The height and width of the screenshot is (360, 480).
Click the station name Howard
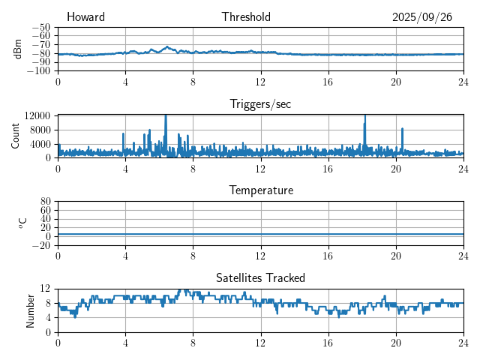[85, 17]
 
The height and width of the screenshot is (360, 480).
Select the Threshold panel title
[246, 17]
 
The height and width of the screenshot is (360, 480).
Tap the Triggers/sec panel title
[260, 104]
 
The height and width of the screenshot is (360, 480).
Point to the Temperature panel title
[260, 190]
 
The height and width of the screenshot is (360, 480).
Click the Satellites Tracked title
[260, 277]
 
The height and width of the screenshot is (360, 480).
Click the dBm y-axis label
[19, 49]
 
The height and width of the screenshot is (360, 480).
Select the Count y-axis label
[16, 136]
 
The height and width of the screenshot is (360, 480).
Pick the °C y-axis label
[22, 223]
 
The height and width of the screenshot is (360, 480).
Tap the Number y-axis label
[31, 310]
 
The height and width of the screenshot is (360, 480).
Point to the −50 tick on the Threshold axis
[40, 27]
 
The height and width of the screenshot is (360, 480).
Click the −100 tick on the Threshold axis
[37, 71]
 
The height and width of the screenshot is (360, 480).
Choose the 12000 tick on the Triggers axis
[37, 115]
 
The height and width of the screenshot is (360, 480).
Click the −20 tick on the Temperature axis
[40, 245]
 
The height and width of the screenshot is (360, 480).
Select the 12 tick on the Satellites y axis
[45, 289]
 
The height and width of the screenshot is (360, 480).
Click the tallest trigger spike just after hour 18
[364, 116]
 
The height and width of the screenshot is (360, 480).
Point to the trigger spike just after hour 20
[402, 129]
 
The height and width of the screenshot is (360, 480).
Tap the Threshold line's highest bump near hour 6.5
[167, 46]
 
